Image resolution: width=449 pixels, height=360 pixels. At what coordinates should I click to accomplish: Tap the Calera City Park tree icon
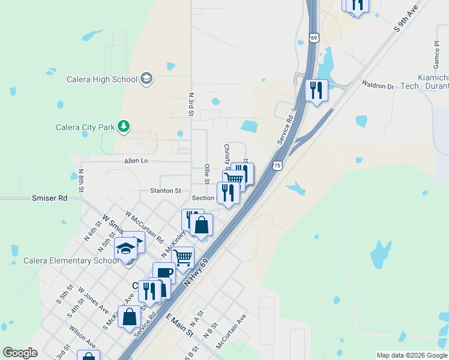124,126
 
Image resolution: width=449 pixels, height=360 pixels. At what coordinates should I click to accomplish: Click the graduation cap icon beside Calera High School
146,79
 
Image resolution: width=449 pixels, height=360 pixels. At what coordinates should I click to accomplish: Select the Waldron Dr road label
377,85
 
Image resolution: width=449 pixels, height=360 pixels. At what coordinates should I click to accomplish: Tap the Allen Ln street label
136,161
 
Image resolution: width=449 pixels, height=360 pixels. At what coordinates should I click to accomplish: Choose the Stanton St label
165,191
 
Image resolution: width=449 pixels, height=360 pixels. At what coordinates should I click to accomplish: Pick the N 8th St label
81,181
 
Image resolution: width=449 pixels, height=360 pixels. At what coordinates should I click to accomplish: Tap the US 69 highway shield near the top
314,38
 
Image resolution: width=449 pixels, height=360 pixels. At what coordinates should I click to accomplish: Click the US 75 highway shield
277,165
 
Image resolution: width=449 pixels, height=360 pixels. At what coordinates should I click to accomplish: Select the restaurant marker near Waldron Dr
316,90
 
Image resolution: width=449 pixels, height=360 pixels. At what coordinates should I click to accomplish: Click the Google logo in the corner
20,353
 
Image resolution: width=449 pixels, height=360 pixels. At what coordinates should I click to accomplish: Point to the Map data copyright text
412,355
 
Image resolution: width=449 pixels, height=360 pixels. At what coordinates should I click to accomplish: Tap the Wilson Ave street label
82,336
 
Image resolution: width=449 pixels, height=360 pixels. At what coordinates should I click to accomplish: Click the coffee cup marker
164,274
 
